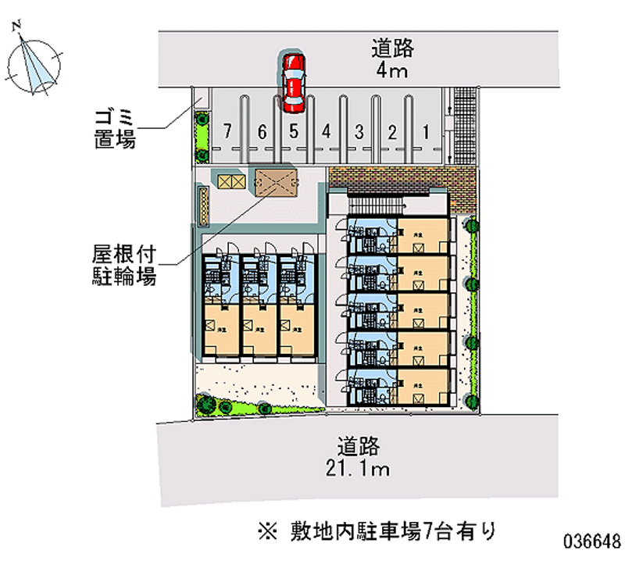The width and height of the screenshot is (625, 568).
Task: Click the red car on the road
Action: point(293,80)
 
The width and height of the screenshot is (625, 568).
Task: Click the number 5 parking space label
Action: point(293,130)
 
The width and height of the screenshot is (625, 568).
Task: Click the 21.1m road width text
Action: point(359,469)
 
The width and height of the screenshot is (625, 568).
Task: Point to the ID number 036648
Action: point(591,541)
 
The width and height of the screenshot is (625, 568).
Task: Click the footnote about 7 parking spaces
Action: point(376,532)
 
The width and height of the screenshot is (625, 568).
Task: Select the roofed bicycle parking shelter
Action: point(274,183)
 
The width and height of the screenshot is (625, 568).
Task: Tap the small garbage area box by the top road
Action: point(201,98)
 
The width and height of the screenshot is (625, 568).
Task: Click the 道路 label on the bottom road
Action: point(359,446)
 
